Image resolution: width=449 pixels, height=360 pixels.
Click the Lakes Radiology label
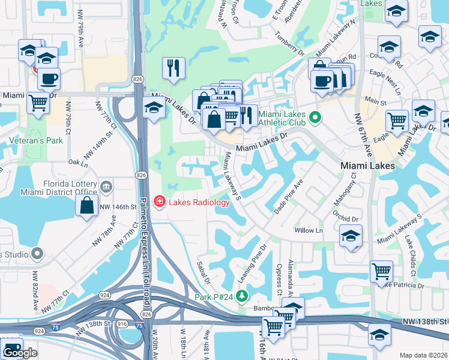199,202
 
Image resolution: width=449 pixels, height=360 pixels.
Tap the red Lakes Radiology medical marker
160,202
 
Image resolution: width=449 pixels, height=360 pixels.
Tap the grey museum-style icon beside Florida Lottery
106,187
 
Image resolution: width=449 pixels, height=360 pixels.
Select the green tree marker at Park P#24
241,296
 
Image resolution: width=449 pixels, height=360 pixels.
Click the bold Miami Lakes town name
367,166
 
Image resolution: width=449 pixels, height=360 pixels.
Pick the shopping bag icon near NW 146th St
87,205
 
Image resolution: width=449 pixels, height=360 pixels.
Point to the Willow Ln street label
309,230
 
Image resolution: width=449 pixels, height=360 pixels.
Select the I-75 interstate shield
139,326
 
